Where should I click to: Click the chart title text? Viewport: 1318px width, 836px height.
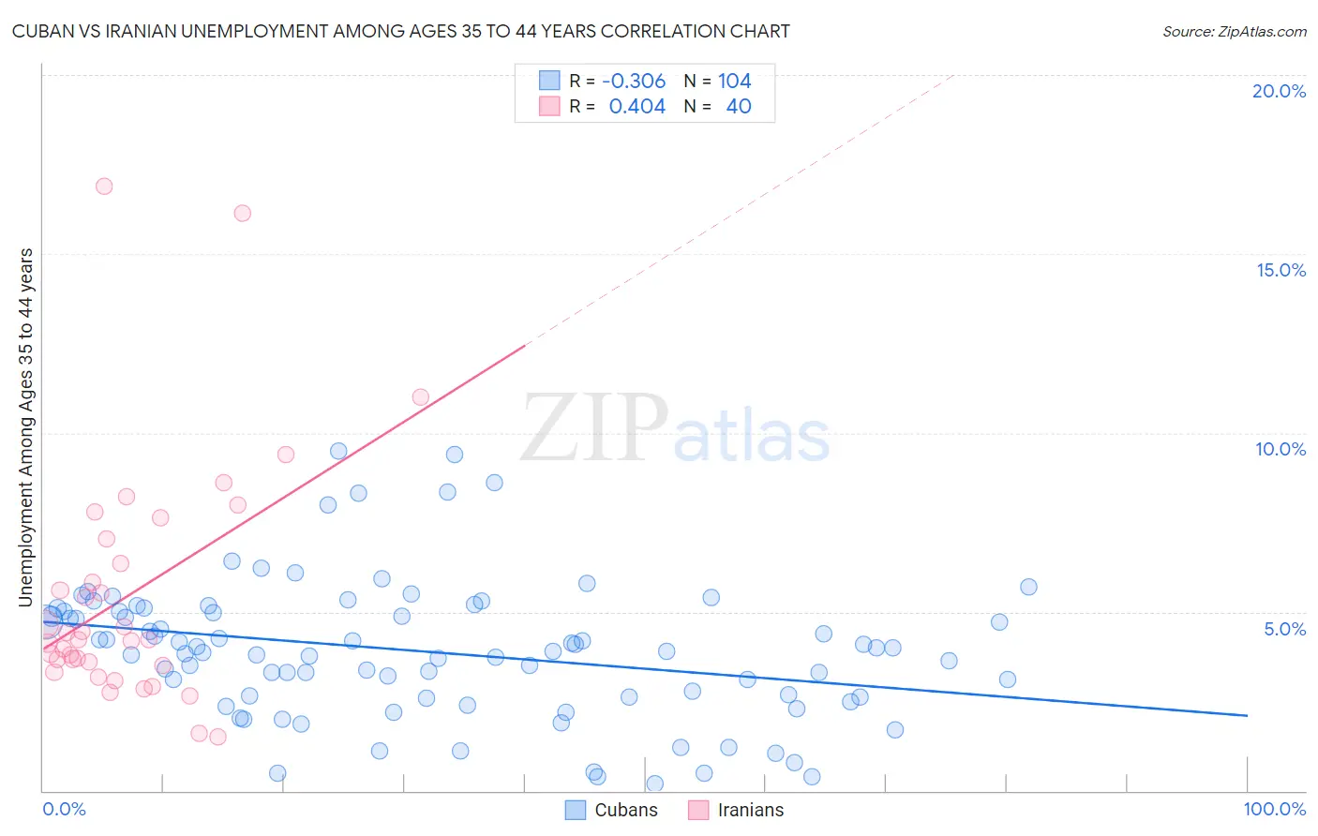401,31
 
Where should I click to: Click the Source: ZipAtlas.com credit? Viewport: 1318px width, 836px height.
1234,31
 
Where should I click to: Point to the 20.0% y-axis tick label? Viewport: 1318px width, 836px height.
1279,91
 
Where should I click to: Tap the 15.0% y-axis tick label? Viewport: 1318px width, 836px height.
1281,270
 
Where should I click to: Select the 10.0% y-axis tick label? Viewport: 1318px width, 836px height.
1281,449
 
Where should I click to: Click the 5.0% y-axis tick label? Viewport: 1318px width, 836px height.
1284,629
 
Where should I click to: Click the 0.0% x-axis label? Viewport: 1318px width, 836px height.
64,809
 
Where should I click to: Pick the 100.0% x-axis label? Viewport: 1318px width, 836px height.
1274,809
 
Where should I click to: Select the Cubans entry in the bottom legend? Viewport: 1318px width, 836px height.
625,810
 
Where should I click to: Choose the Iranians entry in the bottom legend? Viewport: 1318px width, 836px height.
750,810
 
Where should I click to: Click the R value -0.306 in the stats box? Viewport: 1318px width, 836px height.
634,82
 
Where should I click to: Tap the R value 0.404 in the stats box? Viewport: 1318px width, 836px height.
637,107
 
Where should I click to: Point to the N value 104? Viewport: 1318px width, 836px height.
735,82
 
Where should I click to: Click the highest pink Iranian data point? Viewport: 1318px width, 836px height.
104,187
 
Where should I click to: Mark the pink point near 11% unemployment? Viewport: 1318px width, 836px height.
421,397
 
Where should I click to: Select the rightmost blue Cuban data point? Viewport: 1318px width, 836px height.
1028,587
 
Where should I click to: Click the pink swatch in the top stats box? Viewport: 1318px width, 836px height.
549,106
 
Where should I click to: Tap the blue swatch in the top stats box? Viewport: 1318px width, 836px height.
549,81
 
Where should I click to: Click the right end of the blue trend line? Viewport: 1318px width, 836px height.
1247,715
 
